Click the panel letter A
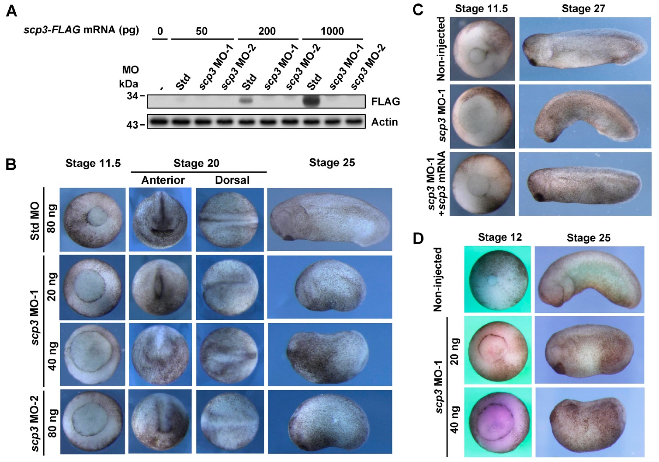coord(12,10)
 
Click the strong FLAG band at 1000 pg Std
coord(311,101)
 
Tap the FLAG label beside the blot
coord(385,101)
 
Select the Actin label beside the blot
coord(384,122)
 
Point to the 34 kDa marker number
coord(132,95)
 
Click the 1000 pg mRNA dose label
coord(332,31)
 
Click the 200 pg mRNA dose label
coord(267,31)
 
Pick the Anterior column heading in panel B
coord(163,180)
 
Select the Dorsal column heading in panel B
coord(232,180)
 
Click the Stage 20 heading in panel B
coord(196,163)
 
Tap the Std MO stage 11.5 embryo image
coord(92,220)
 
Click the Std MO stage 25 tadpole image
coord(330,220)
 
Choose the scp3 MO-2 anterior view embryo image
coord(160,421)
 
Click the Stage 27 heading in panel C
coord(583,8)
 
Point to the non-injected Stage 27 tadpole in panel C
coord(585,49)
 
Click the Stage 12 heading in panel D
coord(499,238)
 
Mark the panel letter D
coord(418,238)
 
